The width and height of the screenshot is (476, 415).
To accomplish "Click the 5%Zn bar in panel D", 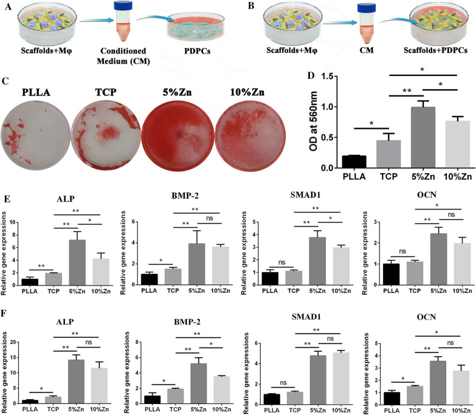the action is click(x=423, y=137).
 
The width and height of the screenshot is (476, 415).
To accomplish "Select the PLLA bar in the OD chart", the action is click(x=354, y=162).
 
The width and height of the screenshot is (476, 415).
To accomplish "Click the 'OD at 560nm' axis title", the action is click(x=313, y=122).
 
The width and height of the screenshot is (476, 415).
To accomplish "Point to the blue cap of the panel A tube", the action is click(x=123, y=5).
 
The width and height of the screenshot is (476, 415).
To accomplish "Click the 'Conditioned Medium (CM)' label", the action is click(x=123, y=56).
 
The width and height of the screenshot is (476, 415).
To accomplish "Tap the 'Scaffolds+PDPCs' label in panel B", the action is click(x=435, y=50).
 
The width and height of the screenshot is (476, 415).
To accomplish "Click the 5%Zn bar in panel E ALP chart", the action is click(x=77, y=262).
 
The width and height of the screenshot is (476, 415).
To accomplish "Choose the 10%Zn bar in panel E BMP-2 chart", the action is click(x=221, y=266).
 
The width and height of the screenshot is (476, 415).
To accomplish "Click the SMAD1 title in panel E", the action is click(x=305, y=195).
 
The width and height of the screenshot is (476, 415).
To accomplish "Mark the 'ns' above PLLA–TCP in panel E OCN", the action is click(x=402, y=251).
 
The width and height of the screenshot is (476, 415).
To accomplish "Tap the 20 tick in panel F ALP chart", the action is click(x=13, y=342).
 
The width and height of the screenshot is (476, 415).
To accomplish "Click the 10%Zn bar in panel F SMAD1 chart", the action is click(x=341, y=379).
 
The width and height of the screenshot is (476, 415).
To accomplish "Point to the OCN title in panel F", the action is click(x=426, y=317).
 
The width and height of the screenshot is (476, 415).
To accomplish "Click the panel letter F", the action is click(x=4, y=314).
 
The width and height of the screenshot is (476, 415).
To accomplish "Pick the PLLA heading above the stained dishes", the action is click(x=36, y=92).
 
